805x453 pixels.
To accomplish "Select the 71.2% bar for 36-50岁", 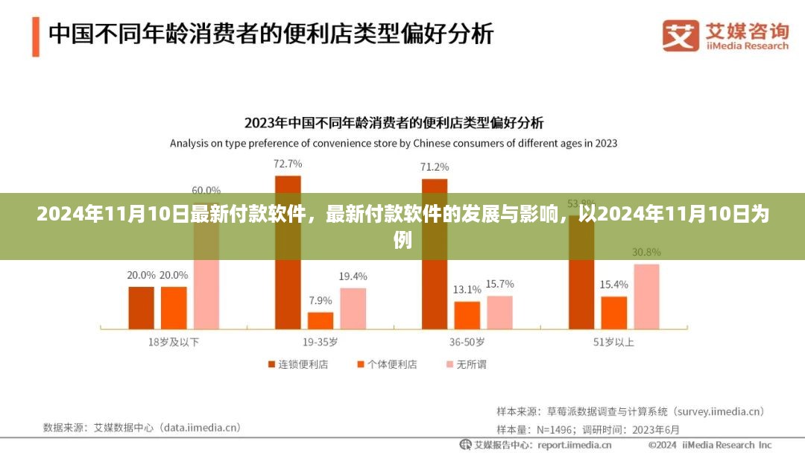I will click(435, 253).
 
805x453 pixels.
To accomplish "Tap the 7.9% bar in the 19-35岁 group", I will click(321, 320).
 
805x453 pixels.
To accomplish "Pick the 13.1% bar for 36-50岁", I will click(467, 314).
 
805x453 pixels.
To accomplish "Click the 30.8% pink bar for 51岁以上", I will click(646, 296).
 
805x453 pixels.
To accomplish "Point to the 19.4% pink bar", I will click(353, 308).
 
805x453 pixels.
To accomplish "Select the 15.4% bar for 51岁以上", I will click(614, 312).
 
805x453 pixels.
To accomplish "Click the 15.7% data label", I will click(499, 284).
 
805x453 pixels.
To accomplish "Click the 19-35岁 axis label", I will click(321, 342).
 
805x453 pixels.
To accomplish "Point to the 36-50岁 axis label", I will click(467, 342).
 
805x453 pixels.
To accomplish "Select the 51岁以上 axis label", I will click(614, 342).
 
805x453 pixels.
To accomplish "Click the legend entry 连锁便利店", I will click(297, 364).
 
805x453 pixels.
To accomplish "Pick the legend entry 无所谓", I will click(465, 364).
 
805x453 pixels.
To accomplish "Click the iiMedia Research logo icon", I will click(680, 35).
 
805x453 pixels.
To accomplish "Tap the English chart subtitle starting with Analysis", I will click(394, 142).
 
